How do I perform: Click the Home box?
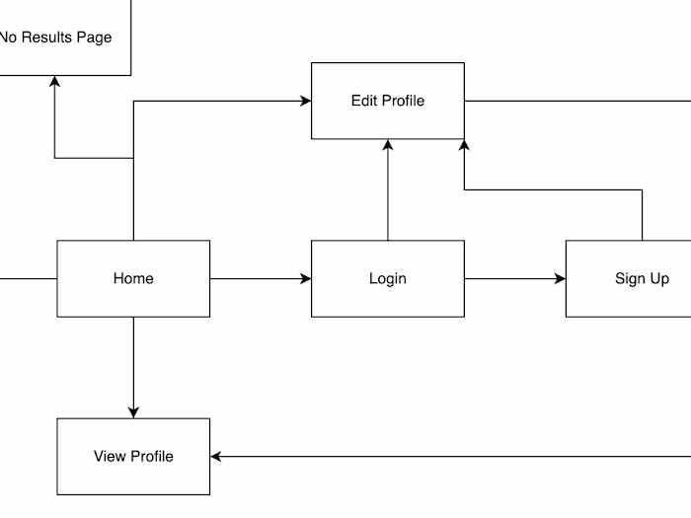tap(133, 278)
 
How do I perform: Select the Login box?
tap(387, 278)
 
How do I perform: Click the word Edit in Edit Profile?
tap(364, 101)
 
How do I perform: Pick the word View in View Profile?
tap(110, 456)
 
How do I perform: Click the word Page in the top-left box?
tap(95, 37)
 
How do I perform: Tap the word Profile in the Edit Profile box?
tap(403, 101)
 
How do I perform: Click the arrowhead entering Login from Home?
tap(305, 279)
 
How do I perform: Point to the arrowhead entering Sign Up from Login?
tap(560, 279)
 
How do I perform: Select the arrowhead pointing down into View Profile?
tap(133, 411)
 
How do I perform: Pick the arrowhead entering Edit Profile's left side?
tap(305, 101)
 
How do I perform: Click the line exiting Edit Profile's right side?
tap(577, 101)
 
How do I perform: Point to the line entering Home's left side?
tap(28, 279)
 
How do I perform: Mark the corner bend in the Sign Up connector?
tap(642, 189)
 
